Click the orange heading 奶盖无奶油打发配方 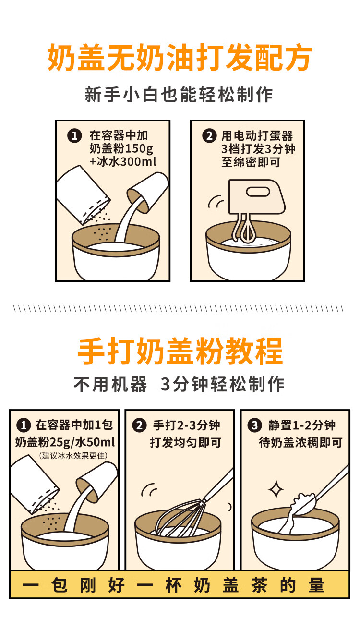click(180, 58)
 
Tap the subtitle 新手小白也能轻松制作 click(179, 95)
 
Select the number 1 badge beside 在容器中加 click(74, 136)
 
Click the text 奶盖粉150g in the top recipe click(121, 148)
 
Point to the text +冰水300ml click(123, 162)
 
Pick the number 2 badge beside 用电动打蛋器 click(209, 136)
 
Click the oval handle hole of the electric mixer click(258, 192)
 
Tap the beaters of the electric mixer click(244, 228)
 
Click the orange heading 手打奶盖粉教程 click(180, 351)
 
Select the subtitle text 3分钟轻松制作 click(222, 384)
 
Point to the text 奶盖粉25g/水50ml click(65, 442)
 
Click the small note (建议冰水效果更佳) click(73, 456)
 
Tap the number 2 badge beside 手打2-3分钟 click(139, 425)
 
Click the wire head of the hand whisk click(180, 519)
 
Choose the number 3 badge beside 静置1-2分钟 click(254, 425)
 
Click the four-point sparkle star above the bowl click(276, 490)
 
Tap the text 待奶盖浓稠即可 click(300, 443)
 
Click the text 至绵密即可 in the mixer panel click(251, 162)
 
